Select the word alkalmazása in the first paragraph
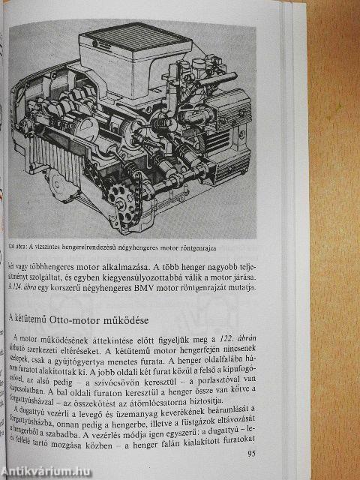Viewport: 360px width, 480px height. click(114, 265)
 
